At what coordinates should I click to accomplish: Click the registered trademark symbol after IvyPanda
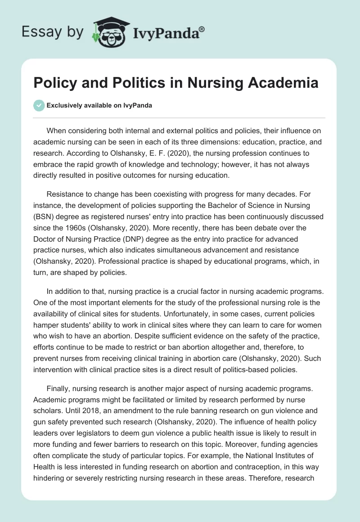tap(202, 29)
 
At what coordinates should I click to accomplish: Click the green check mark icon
tap(39, 105)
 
